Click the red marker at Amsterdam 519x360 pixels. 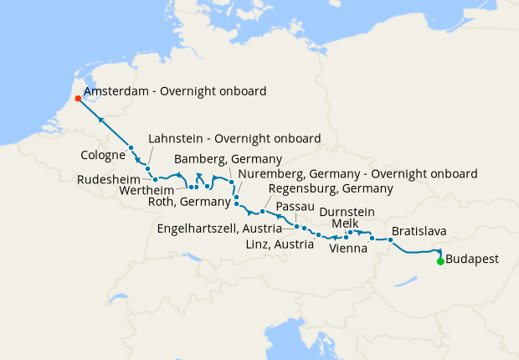click(x=78, y=98)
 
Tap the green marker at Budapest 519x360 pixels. click(x=440, y=261)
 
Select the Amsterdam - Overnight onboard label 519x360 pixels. click(x=175, y=90)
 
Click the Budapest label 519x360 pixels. click(x=472, y=260)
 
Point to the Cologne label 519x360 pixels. click(x=104, y=155)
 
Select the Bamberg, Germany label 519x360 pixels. click(x=228, y=159)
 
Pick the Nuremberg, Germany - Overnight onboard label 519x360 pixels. click(x=357, y=173)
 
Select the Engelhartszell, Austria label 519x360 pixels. click(x=224, y=229)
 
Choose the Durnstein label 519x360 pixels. click(x=347, y=212)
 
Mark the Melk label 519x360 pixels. click(x=344, y=224)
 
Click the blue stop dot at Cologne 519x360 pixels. click(x=131, y=148)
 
